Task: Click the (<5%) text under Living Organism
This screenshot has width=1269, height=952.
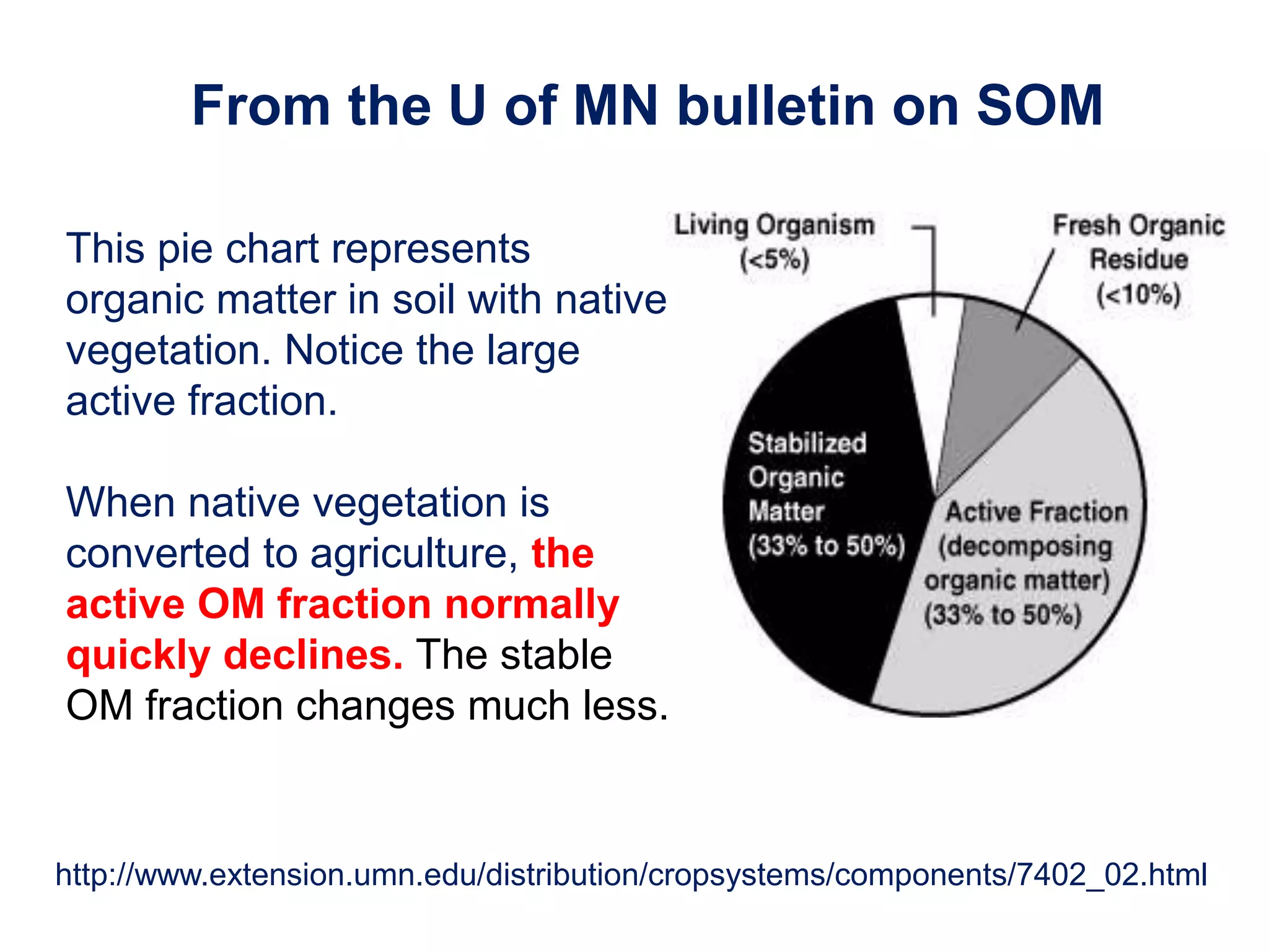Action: pyautogui.click(x=775, y=260)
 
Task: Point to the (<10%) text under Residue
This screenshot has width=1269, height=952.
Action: pyautogui.click(x=1139, y=294)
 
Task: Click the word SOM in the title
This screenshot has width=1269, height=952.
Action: pyautogui.click(x=1039, y=106)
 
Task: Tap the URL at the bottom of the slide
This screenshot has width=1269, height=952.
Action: pyautogui.click(x=631, y=875)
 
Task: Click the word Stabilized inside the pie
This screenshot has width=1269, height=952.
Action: pyautogui.click(x=807, y=443)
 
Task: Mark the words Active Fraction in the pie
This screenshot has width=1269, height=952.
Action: pyautogui.click(x=1037, y=512)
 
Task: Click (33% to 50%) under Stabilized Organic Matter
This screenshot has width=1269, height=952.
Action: pyautogui.click(x=827, y=546)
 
